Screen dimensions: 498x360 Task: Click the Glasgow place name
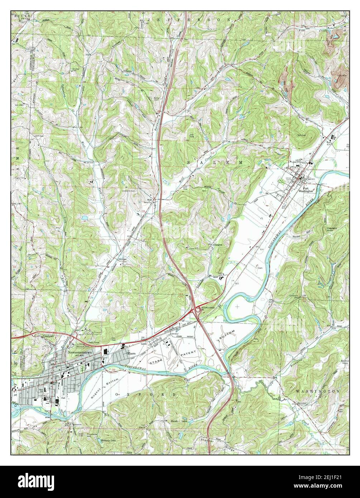[x=214, y=244]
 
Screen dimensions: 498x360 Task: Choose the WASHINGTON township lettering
[x=317, y=392]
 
